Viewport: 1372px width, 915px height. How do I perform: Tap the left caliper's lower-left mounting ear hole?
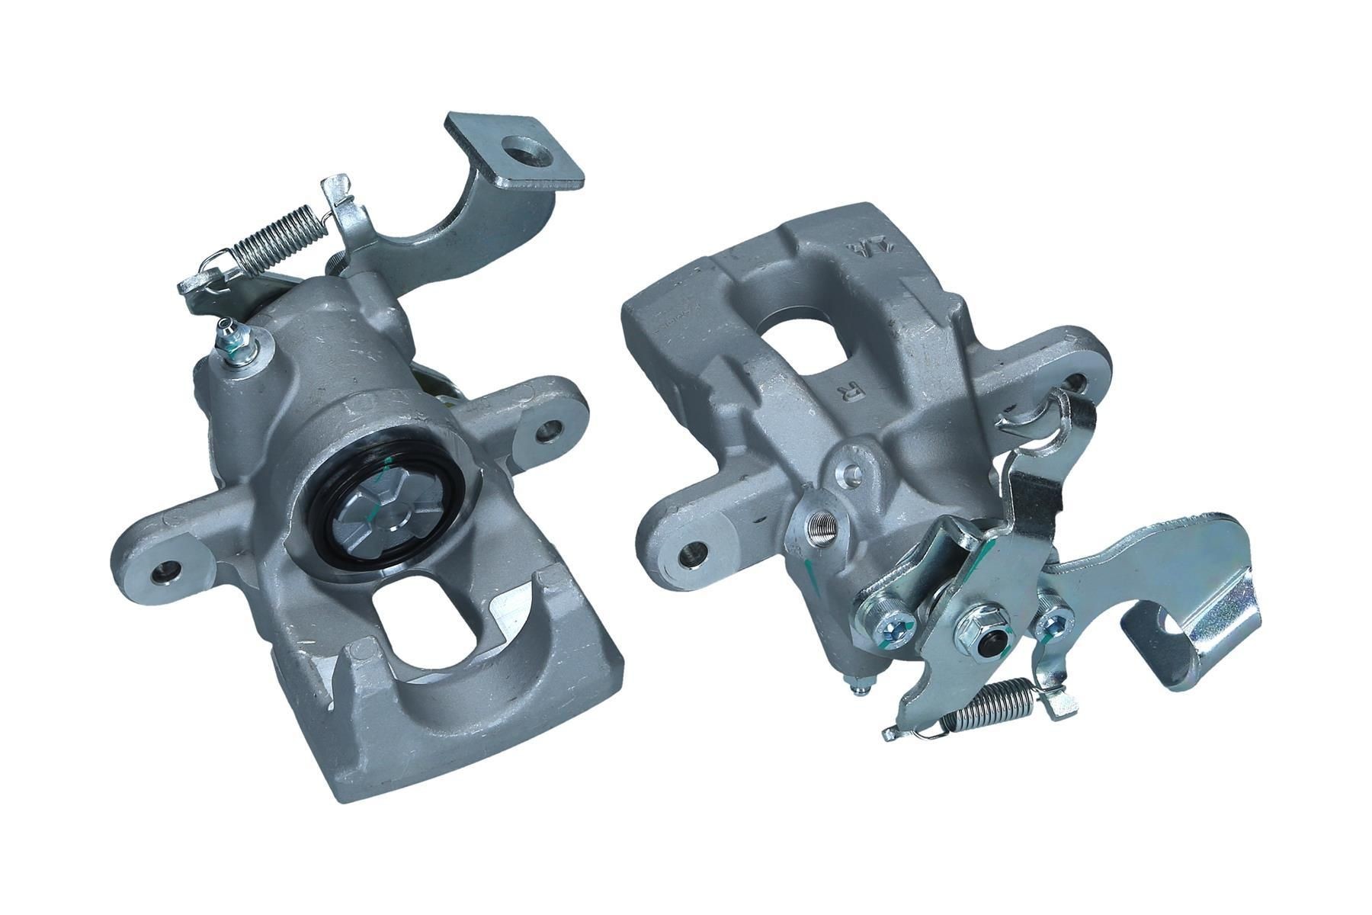click(x=165, y=572)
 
